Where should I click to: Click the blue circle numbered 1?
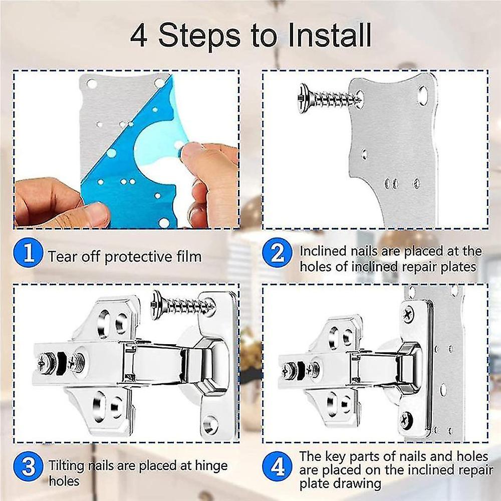tap(29, 255)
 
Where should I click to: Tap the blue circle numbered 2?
tap(277, 255)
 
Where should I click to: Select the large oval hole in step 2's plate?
tap(422, 93)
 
